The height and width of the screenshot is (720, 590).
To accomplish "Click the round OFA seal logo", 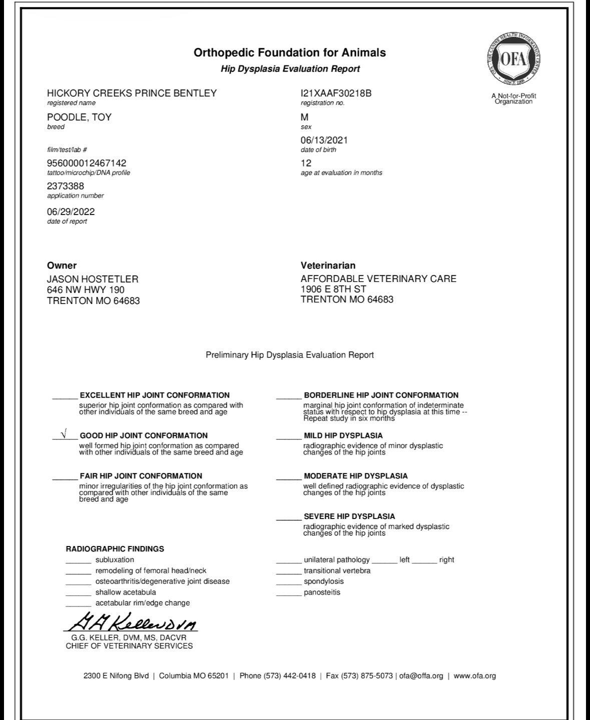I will (513, 59).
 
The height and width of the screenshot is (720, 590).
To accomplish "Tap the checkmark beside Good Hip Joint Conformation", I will (63, 434).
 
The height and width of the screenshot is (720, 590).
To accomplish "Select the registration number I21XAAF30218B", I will (336, 93).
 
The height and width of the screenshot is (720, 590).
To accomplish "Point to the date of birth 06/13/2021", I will (324, 140).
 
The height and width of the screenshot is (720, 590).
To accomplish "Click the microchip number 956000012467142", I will (87, 163).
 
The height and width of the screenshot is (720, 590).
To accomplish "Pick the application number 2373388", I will (66, 186).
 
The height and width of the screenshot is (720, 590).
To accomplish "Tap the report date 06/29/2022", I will (71, 211).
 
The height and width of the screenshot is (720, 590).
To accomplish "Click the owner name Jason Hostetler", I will (93, 279).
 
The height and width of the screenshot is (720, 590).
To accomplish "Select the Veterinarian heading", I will (328, 265).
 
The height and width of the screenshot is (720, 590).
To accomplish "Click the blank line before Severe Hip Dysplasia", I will (289, 519).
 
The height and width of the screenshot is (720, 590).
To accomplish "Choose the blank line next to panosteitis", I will (289, 595).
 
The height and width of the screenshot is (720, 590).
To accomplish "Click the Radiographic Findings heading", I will (115, 548).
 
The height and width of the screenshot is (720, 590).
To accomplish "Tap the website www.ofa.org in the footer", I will (474, 676).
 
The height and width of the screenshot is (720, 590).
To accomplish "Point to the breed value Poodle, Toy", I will (79, 117).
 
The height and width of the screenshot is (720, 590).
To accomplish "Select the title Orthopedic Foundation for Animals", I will (290, 52).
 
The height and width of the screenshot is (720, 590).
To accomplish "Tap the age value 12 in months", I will (306, 163).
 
